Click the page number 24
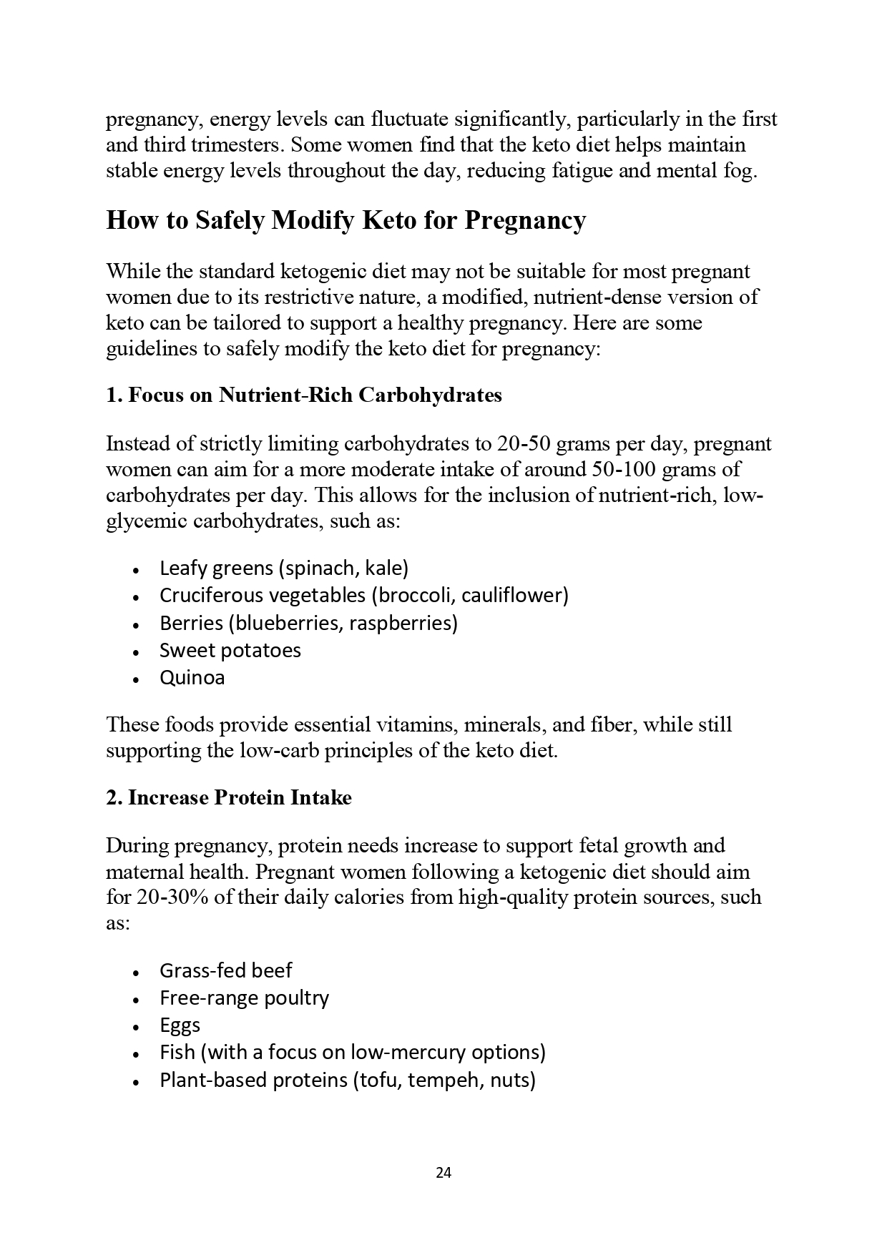(x=443, y=1173)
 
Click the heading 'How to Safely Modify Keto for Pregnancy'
(x=346, y=220)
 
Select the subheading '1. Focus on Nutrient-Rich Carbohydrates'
(x=304, y=395)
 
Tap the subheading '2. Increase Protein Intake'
(x=229, y=797)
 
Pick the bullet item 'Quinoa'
(x=192, y=677)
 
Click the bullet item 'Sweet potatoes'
(x=230, y=650)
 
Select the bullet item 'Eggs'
(x=180, y=1025)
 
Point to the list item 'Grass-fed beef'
(x=225, y=970)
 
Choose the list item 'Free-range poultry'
(x=244, y=998)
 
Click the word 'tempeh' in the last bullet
(x=449, y=1080)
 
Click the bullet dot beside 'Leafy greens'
(x=136, y=570)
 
